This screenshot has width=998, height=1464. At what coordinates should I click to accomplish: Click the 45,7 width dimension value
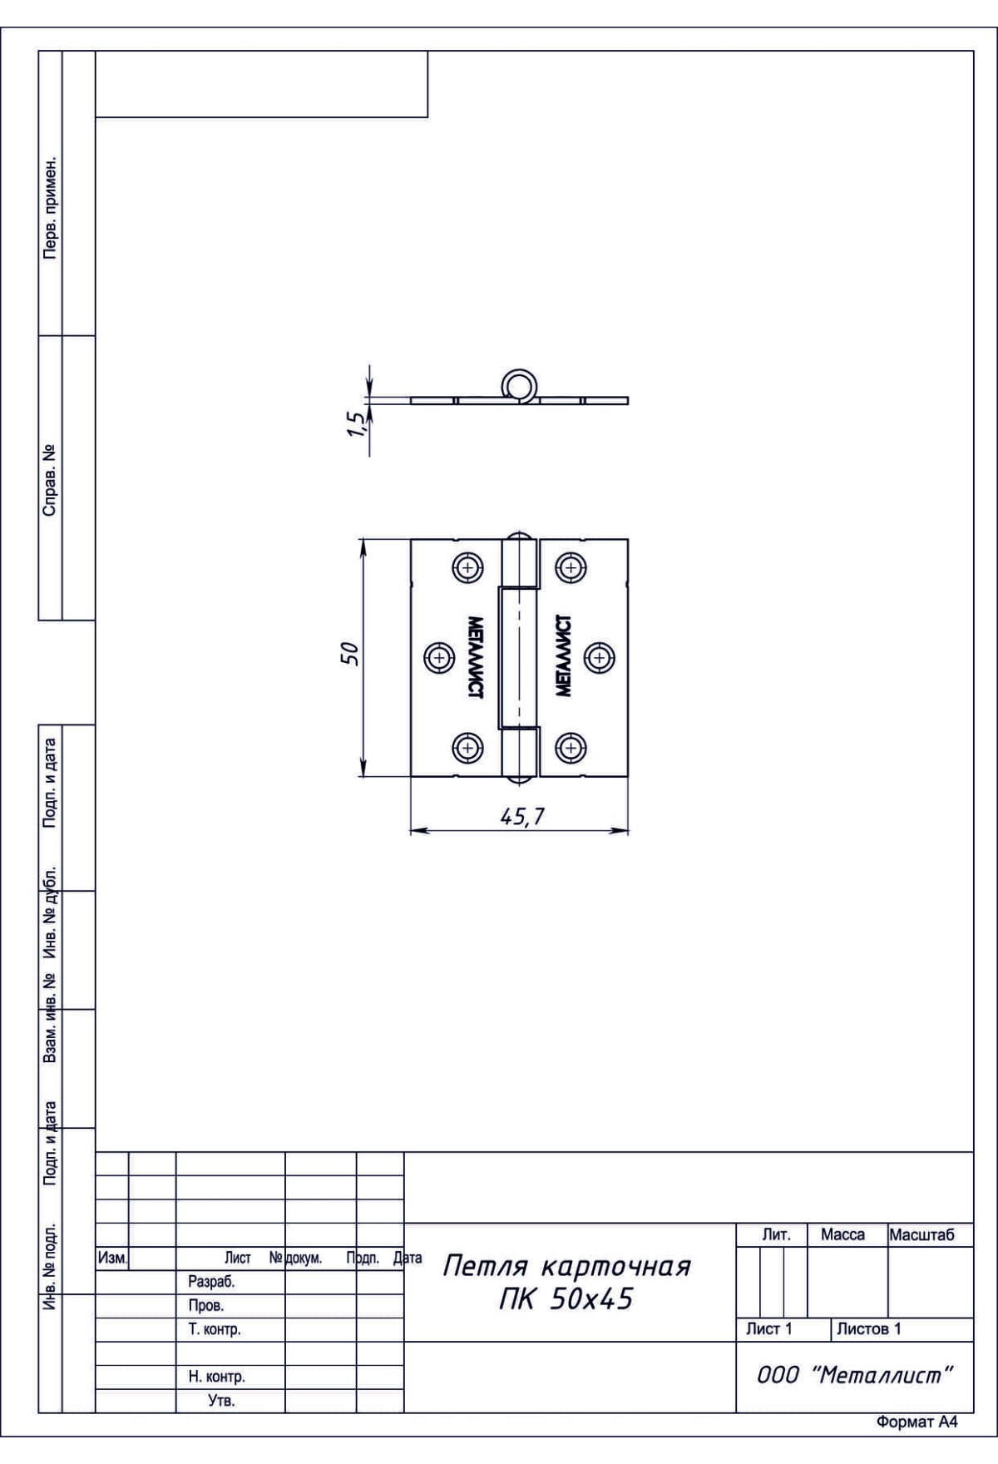click(x=522, y=817)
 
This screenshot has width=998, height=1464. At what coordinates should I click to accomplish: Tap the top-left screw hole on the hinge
click(x=468, y=569)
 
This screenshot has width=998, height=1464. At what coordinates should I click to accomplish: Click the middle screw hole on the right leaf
click(x=599, y=658)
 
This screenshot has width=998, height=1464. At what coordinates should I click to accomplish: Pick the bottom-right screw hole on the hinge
click(x=570, y=747)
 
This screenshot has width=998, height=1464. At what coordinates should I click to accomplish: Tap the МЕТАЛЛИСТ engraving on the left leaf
click(x=476, y=656)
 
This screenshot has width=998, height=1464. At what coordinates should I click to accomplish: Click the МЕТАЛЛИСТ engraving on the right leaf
click(x=563, y=656)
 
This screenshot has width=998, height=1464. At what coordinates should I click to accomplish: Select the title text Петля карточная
click(x=566, y=1267)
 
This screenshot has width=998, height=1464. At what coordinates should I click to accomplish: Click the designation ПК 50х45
click(x=566, y=1298)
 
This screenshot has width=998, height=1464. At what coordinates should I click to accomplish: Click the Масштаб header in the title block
click(x=921, y=1235)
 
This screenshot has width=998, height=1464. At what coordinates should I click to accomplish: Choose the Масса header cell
click(x=842, y=1235)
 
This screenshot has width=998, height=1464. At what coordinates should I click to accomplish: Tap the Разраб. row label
click(x=211, y=1283)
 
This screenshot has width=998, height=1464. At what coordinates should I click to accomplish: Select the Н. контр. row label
click(x=216, y=1377)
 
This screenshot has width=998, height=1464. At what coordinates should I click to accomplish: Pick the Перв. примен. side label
click(x=50, y=206)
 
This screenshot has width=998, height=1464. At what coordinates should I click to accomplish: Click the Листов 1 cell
click(x=868, y=1329)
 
